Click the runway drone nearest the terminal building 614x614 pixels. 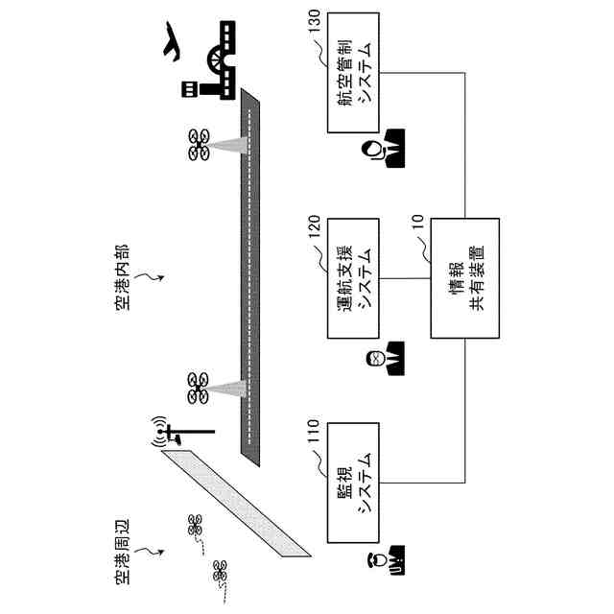coord(200,146)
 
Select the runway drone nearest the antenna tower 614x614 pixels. coord(200,389)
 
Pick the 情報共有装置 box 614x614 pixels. coord(465,278)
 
